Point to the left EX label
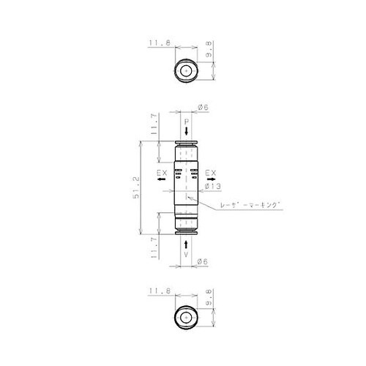click(x=163, y=173)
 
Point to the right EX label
click(x=210, y=173)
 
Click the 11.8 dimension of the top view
click(x=159, y=44)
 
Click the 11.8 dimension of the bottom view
click(x=159, y=290)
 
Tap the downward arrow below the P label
click(x=187, y=130)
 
